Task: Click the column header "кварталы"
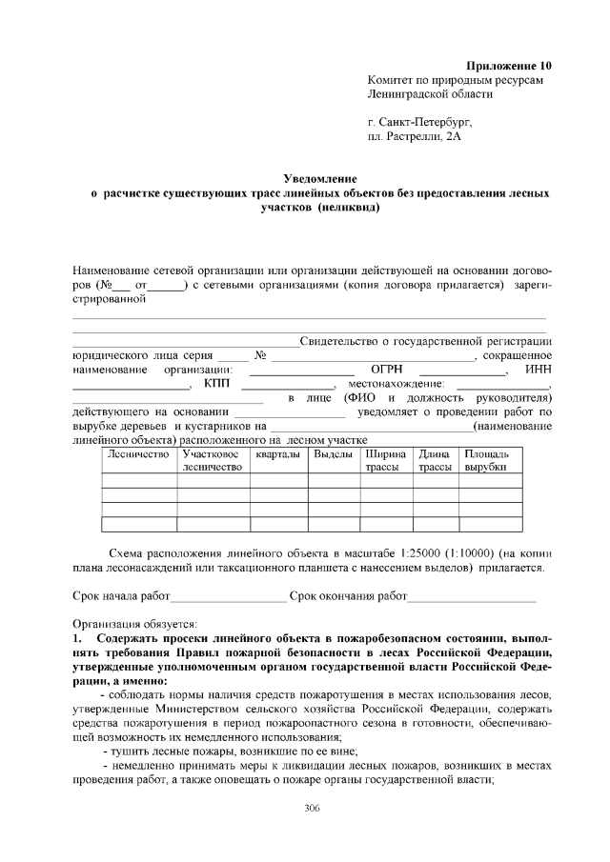point(277,454)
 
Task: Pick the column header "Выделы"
point(334,454)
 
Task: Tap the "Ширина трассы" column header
point(386,461)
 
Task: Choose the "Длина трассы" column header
point(434,461)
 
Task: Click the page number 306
point(312,809)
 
